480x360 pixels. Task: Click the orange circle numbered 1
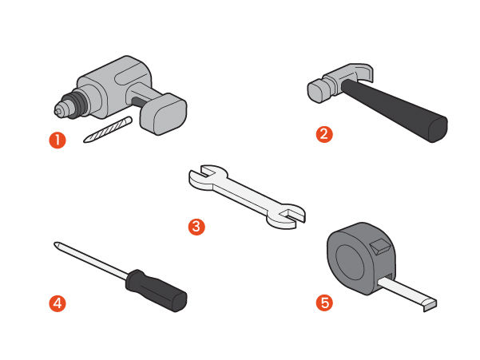click(58, 140)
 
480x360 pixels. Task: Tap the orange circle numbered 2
click(324, 134)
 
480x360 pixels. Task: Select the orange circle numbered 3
click(196, 227)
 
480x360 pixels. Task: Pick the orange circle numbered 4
click(58, 303)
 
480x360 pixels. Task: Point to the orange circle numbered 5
click(324, 303)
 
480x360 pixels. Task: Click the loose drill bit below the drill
click(108, 129)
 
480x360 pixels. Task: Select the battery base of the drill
click(164, 114)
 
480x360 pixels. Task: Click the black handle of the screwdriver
click(156, 290)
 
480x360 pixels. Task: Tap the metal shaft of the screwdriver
click(92, 260)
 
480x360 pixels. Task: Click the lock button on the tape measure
click(380, 247)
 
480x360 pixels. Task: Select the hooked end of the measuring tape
click(430, 306)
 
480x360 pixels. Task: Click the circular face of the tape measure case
click(350, 263)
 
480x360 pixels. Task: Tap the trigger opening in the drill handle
click(138, 101)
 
